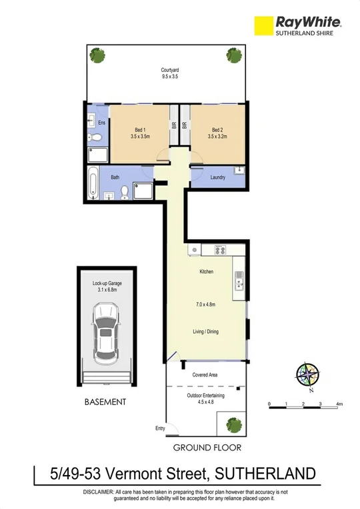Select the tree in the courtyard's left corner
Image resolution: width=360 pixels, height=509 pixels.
(98, 55)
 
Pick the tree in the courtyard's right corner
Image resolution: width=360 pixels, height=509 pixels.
(233, 55)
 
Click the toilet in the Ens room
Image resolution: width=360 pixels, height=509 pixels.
(95, 138)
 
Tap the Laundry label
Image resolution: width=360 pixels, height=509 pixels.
(217, 177)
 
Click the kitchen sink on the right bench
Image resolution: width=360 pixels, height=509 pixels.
(238, 285)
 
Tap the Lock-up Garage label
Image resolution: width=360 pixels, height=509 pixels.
(107, 286)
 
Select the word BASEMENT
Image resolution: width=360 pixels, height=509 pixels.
(105, 402)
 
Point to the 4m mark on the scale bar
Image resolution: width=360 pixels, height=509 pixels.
(340, 404)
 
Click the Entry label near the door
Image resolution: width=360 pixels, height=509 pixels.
(159, 428)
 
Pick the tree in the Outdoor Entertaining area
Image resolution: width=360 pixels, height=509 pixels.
(233, 423)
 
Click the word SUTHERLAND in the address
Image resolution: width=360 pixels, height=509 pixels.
(263, 474)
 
